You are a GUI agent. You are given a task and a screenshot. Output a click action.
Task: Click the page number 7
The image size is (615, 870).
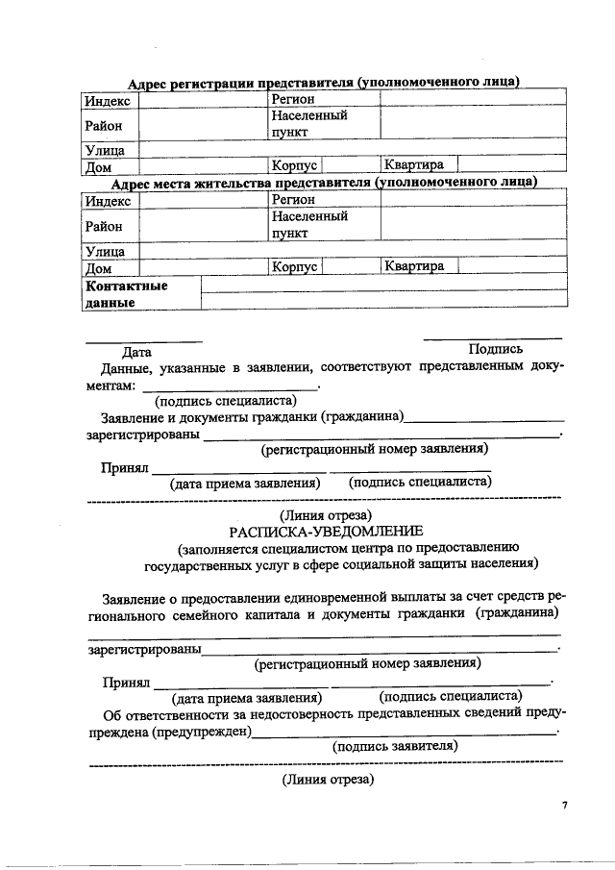pyautogui.click(x=566, y=805)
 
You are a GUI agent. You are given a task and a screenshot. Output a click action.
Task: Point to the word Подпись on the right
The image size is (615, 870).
pyautogui.click(x=495, y=350)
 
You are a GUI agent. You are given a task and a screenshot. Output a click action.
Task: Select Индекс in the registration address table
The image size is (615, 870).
pyautogui.click(x=108, y=101)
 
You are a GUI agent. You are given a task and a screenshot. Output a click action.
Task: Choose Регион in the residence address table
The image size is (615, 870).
pyautogui.click(x=293, y=200)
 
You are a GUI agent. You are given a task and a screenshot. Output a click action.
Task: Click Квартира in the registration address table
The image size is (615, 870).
pyautogui.click(x=414, y=165)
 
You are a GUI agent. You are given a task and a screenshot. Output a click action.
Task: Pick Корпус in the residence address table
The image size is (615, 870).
pyautogui.click(x=294, y=266)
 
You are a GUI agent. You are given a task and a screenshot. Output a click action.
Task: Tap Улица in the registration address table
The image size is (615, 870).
pyautogui.click(x=106, y=150)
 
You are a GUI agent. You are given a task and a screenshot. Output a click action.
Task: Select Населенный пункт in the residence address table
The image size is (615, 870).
pyautogui.click(x=308, y=225)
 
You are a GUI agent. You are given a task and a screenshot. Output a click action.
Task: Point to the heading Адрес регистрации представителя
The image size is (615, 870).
pyautogui.click(x=324, y=84)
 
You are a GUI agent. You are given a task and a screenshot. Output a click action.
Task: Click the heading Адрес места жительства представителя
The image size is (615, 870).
pyautogui.click(x=324, y=183)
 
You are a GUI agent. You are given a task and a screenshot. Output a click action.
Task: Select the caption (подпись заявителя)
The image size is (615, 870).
pyautogui.click(x=394, y=746)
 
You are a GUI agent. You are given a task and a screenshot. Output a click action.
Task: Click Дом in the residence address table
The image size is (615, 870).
pyautogui.click(x=99, y=267)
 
